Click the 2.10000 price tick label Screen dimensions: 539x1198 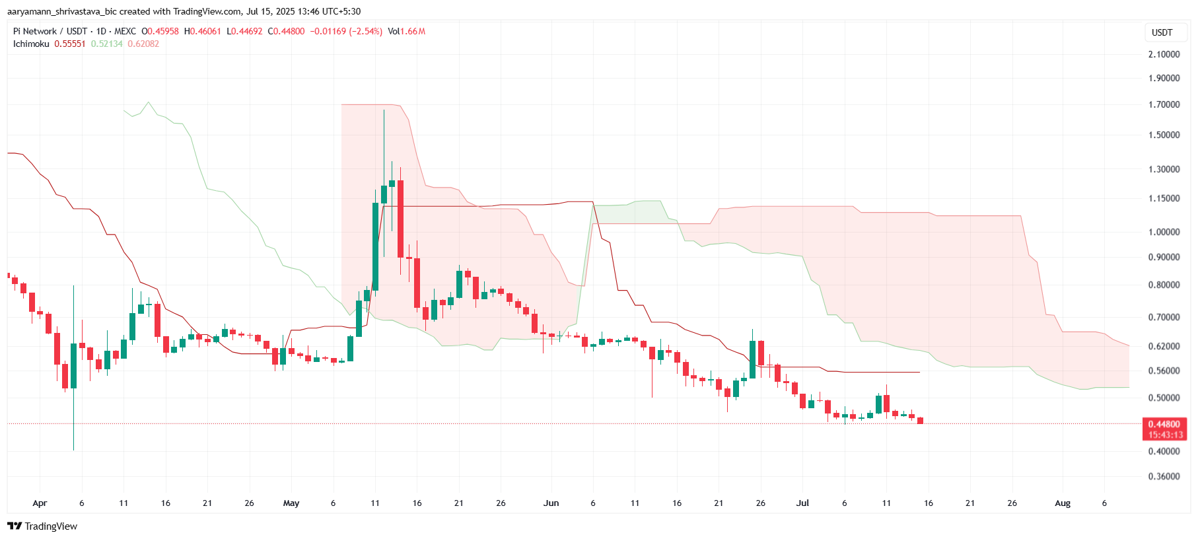1164,54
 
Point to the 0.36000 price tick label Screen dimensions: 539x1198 1164,476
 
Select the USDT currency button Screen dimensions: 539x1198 1162,32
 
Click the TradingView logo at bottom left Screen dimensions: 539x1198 42,526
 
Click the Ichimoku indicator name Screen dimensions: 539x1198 31,44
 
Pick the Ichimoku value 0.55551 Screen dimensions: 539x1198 70,44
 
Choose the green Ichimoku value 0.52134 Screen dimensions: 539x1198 106,44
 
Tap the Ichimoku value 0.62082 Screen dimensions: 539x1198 143,44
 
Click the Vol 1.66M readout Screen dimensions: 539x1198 406,31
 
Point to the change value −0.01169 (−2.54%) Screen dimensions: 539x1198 346,31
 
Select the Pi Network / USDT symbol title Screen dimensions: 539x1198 50,31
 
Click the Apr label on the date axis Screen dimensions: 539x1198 40,503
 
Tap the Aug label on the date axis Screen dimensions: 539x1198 1062,503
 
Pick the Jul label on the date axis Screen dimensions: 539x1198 802,503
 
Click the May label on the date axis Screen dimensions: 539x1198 291,503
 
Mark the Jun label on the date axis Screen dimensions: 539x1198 551,503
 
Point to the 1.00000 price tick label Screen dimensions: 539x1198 1164,232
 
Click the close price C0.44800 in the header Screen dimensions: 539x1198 286,31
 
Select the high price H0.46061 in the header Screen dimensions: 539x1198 202,31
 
